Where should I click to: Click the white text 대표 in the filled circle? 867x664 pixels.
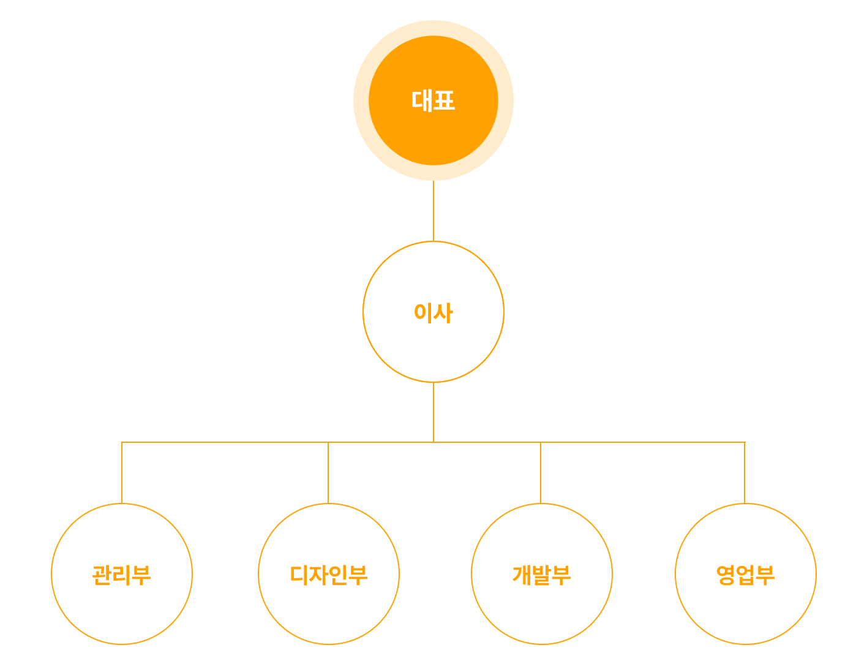[x=433, y=100]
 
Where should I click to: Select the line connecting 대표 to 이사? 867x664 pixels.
[x=433, y=211]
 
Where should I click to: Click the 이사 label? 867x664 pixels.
[x=433, y=312]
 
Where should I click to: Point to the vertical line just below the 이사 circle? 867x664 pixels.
[x=433, y=412]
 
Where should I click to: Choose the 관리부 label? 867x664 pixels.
[x=122, y=575]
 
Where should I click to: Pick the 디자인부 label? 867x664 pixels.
[x=329, y=575]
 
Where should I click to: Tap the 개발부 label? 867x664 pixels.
[x=542, y=575]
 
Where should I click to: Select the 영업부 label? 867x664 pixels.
[x=745, y=575]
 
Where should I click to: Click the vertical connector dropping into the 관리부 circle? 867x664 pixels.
[x=122, y=473]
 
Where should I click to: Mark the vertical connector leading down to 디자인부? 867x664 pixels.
[x=328, y=473]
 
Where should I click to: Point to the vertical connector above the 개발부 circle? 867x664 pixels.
[x=541, y=473]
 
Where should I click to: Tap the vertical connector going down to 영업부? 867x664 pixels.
[x=745, y=473]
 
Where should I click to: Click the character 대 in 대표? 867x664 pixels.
[x=422, y=100]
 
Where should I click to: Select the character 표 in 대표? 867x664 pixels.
[x=444, y=100]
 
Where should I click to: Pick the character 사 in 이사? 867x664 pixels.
[x=443, y=312]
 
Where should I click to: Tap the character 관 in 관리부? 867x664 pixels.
[x=102, y=575]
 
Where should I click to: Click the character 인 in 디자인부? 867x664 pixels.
[x=339, y=575]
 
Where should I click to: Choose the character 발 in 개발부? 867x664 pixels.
[x=542, y=575]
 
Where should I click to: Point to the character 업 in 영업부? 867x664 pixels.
[x=745, y=575]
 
